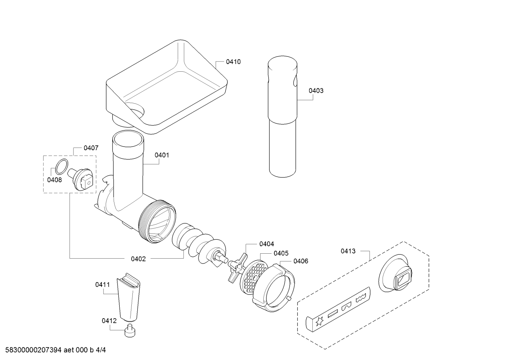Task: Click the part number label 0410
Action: click(233, 61)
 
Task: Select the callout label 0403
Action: click(316, 90)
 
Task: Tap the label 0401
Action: click(162, 155)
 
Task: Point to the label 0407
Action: click(91, 148)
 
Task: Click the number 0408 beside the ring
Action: click(54, 180)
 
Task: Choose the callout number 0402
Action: click(138, 259)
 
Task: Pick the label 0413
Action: click(348, 251)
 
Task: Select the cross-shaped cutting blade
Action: click(238, 268)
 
